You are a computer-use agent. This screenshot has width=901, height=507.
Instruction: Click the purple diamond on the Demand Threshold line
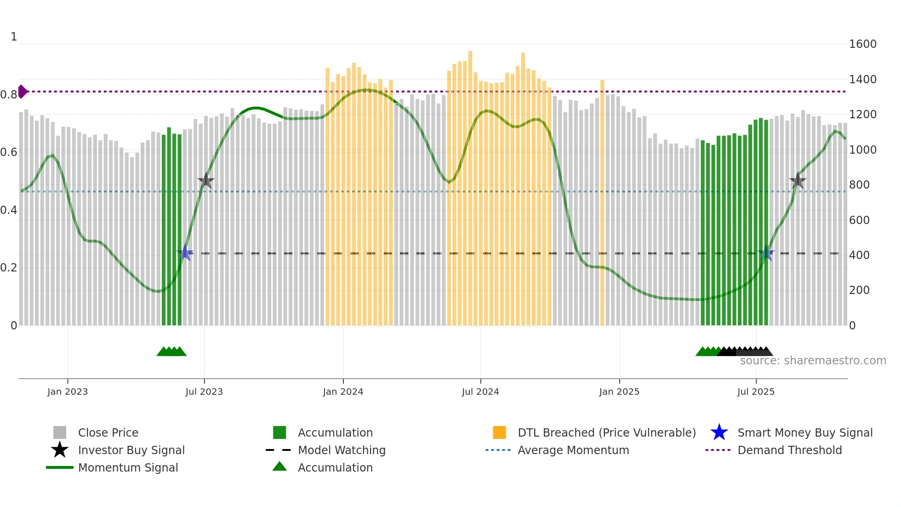(x=22, y=92)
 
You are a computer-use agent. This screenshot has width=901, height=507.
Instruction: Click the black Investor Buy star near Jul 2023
(x=206, y=181)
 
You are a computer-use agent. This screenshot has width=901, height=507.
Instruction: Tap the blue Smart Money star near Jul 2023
(x=185, y=253)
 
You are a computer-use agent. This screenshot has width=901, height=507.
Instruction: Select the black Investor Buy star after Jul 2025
(x=798, y=181)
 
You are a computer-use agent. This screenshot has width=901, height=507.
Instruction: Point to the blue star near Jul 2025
(x=766, y=253)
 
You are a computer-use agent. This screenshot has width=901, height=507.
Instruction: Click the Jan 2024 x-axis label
(x=343, y=392)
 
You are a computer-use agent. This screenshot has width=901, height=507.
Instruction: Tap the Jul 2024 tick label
(x=480, y=392)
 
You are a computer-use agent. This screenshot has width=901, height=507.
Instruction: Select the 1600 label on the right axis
(x=862, y=44)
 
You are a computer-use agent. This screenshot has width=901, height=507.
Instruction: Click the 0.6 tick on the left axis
(x=9, y=152)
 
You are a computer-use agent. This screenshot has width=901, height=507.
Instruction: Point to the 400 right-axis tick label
(x=859, y=255)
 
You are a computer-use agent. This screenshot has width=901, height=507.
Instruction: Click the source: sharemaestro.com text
(x=813, y=361)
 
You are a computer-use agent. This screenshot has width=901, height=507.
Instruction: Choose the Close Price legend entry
(x=108, y=432)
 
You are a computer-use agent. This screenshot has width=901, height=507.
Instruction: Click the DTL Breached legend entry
(x=606, y=432)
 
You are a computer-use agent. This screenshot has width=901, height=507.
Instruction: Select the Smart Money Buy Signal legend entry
(x=804, y=432)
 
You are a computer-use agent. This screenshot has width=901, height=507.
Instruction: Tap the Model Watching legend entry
(x=341, y=450)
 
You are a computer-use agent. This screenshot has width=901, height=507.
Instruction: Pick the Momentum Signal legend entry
(x=128, y=467)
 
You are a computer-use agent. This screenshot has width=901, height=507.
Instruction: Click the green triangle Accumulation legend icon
(x=279, y=467)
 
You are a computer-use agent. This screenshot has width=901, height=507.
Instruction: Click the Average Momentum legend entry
(x=573, y=450)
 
